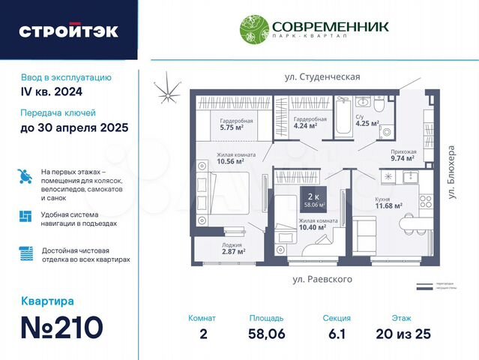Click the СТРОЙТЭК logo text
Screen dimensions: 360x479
[x=68, y=31]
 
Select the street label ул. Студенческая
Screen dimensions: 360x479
[x=322, y=76]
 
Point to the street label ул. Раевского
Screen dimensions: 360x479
[x=322, y=279]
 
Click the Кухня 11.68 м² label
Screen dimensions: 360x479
[x=388, y=202]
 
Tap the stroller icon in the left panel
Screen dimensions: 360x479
[x=25, y=177]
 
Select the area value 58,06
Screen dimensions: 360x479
[x=266, y=334]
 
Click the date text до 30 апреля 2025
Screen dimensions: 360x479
[x=74, y=127]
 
